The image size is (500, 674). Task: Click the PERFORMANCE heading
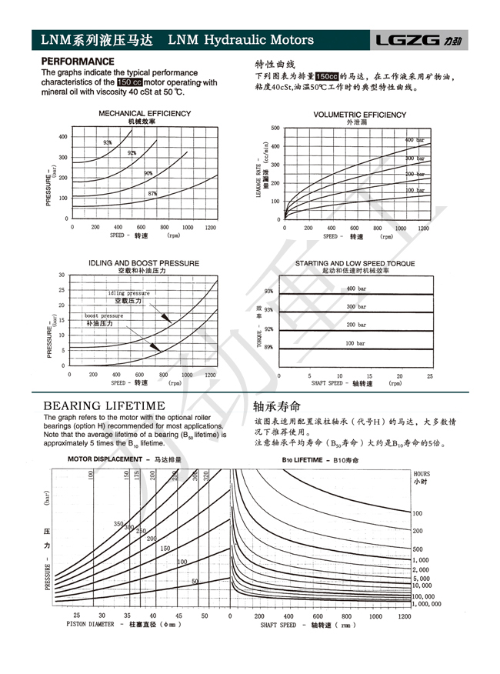pyautogui.click(x=78, y=61)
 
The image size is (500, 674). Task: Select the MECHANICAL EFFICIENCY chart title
pyautogui.click(x=145, y=114)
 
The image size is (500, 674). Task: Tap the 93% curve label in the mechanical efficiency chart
pyautogui.click(x=108, y=142)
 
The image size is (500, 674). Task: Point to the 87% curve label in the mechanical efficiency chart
pyautogui.click(x=152, y=193)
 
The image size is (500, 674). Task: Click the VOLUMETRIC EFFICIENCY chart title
pyautogui.click(x=360, y=115)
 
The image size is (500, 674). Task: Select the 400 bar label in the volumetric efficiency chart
pyautogui.click(x=415, y=140)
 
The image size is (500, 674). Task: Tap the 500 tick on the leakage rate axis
pyautogui.click(x=275, y=128)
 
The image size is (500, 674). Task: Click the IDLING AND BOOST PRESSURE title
pyautogui.click(x=144, y=263)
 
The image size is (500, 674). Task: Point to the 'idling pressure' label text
pyautogui.click(x=128, y=293)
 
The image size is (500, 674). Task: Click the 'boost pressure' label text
pyautogui.click(x=104, y=316)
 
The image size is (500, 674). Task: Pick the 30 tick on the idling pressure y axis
pyautogui.click(x=62, y=275)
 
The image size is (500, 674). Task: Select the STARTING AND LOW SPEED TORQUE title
pyautogui.click(x=355, y=264)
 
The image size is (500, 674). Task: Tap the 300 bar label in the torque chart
pyautogui.click(x=356, y=306)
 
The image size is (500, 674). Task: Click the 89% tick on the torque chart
pyautogui.click(x=268, y=348)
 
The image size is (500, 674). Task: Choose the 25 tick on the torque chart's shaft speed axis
pyautogui.click(x=430, y=376)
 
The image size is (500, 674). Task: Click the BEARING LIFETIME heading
pyautogui.click(x=104, y=405)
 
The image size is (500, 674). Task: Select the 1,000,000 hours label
pyautogui.click(x=427, y=605)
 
